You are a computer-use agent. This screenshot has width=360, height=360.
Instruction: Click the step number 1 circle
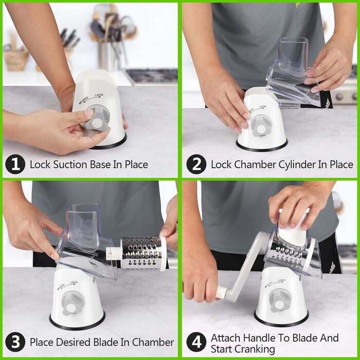(15, 164)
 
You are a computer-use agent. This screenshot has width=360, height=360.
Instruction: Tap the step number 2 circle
(196, 164)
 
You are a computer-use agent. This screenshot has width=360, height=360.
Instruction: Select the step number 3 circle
(15, 342)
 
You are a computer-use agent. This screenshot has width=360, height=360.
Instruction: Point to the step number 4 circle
(196, 342)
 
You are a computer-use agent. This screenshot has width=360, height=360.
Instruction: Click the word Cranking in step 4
(243, 349)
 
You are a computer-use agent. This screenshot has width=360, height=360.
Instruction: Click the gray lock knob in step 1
(97, 118)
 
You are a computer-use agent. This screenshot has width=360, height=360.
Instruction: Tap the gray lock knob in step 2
(261, 127)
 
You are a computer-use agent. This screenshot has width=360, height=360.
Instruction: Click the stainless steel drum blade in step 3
(141, 253)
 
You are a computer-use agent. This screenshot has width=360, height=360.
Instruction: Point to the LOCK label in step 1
(99, 95)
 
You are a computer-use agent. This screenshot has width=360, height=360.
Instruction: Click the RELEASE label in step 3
(61, 287)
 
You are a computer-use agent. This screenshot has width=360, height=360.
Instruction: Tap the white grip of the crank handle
(222, 292)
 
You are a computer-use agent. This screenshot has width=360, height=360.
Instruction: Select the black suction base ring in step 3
(77, 320)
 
